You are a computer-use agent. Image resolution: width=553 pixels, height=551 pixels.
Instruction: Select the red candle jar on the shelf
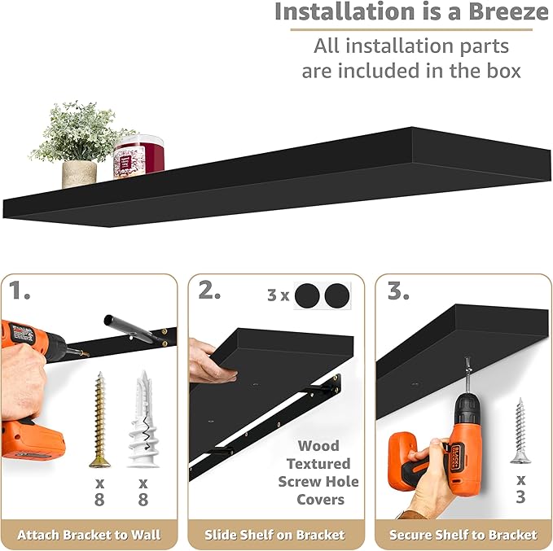(139, 157)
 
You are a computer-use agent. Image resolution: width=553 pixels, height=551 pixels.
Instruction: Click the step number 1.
(22, 291)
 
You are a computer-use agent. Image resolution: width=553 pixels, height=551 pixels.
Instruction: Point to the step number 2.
(209, 291)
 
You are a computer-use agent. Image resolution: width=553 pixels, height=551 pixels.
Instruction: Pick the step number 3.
(398, 291)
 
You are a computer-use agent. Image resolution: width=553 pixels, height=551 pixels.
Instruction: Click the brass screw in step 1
(100, 418)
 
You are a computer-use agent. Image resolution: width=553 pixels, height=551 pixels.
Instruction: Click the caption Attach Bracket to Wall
(90, 535)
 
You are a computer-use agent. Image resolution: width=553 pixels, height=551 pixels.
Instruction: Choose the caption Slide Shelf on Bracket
(275, 535)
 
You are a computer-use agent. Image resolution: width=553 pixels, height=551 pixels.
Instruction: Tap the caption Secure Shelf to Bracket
(463, 535)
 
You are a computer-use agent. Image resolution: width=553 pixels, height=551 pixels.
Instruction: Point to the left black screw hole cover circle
(307, 295)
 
